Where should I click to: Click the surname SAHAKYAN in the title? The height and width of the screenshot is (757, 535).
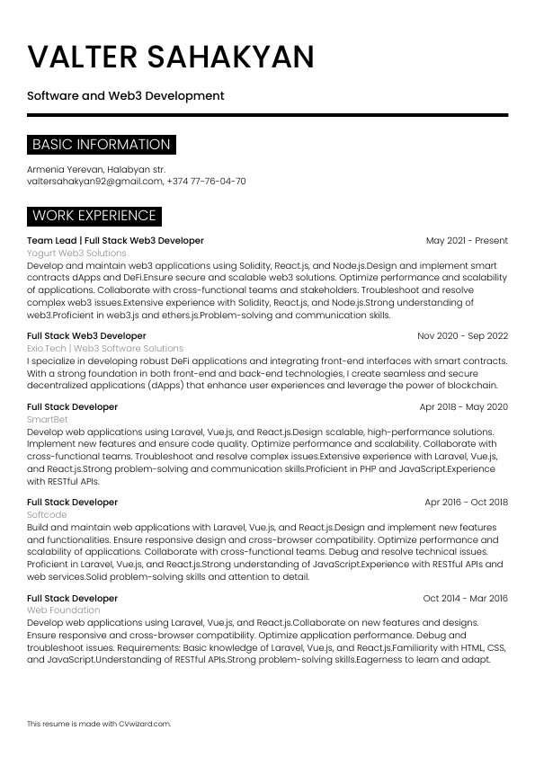coord(230,57)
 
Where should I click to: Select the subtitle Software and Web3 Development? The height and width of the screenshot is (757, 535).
coord(125,95)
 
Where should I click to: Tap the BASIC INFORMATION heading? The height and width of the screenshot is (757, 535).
coord(101,145)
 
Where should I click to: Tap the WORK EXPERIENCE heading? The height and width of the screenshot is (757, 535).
coord(94,216)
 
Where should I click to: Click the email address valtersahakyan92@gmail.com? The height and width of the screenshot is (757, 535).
coord(94,181)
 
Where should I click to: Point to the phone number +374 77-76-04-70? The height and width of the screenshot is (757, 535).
coord(207,181)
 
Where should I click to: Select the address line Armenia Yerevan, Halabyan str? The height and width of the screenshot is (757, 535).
coord(96,169)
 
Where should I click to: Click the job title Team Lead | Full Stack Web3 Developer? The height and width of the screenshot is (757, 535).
coord(115,241)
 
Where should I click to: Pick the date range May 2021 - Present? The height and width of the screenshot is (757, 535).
coord(467,241)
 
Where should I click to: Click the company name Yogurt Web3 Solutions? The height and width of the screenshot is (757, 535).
coord(76,254)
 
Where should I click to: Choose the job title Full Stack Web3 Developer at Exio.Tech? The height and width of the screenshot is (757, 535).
coord(86,335)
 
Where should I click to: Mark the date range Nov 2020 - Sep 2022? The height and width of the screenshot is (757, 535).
coord(462,335)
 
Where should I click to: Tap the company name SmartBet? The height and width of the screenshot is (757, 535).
coord(47,419)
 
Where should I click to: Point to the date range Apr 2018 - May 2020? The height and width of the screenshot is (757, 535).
coord(464,407)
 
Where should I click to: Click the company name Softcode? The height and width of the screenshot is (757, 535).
coord(47,514)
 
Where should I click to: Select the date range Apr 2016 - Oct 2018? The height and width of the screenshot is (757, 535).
coord(466,503)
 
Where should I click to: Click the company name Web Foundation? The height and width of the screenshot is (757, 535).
coord(63,610)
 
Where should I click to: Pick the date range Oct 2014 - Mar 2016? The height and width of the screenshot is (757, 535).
coord(465,598)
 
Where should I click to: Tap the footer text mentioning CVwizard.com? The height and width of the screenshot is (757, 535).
coord(99,723)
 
